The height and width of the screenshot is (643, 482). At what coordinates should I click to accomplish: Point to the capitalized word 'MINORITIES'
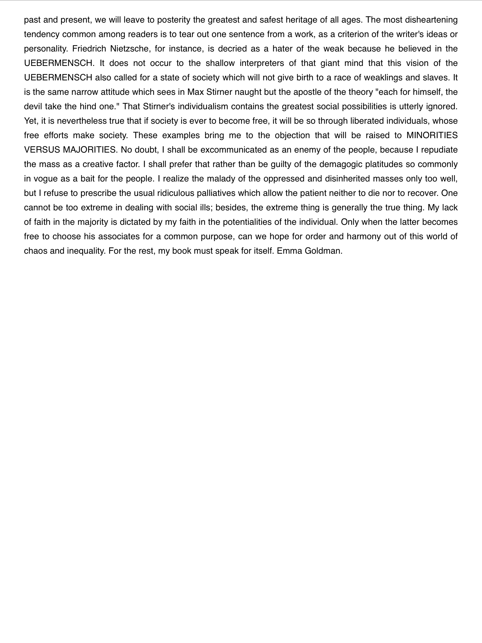click(432, 136)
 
